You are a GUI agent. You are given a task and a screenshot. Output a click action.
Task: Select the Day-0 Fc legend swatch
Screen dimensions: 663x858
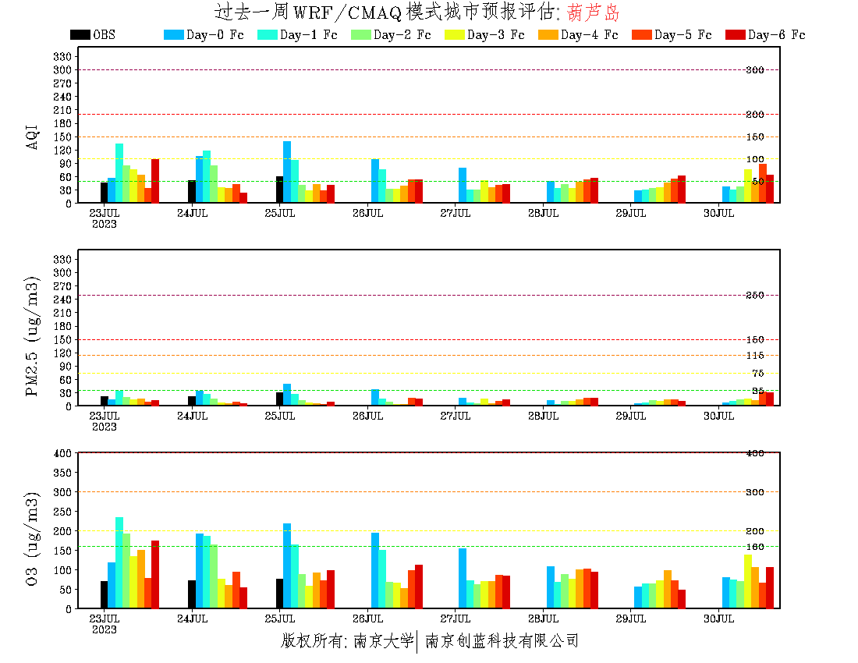(173, 35)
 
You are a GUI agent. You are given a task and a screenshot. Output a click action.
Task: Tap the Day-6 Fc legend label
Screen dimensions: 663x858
(776, 35)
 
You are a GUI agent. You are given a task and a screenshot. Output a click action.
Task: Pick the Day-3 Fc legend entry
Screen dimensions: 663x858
(495, 35)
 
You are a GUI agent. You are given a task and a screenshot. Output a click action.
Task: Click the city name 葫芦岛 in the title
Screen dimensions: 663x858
(595, 12)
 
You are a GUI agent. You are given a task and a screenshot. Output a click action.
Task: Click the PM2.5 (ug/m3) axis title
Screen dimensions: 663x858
(33, 336)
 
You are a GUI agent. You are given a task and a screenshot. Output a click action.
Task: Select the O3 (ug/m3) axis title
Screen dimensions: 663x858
(33, 539)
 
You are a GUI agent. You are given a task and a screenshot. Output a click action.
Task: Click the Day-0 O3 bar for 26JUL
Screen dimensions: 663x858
(375, 570)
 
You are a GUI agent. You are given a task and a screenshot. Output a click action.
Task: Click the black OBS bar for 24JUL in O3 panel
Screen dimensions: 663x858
(192, 594)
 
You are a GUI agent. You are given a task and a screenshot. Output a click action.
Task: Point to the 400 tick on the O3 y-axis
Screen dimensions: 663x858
(63, 452)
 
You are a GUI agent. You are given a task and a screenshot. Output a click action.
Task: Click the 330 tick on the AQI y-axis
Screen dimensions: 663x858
(63, 56)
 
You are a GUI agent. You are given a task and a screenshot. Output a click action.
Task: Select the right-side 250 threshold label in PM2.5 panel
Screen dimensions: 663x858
(754, 295)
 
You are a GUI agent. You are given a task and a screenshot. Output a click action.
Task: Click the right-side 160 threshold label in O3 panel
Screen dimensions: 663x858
(754, 547)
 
